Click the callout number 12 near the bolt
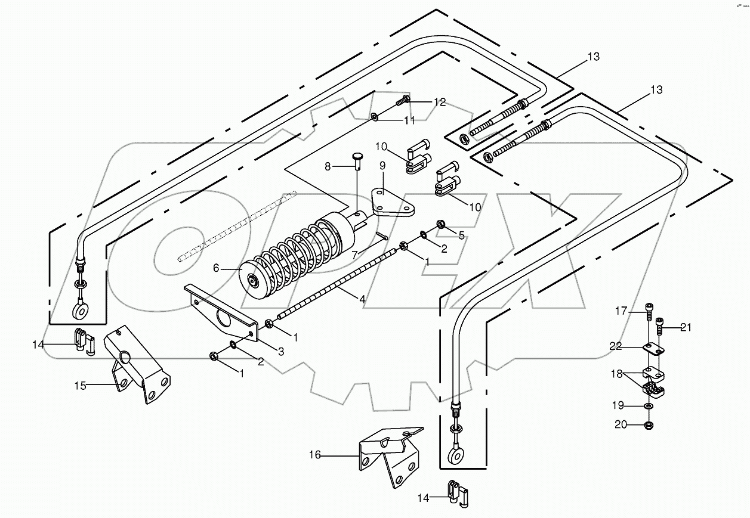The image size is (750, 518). point(439,103)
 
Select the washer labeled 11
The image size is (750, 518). point(374,117)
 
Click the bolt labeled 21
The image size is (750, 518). point(660,325)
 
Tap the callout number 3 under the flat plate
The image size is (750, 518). point(280,352)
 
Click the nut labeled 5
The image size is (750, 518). point(441,224)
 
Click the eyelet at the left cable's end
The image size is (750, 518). point(79,309)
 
